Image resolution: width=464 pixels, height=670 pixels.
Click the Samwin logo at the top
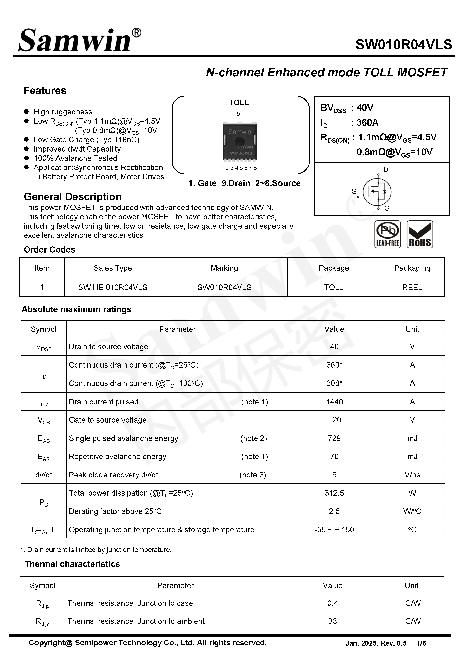click(79, 41)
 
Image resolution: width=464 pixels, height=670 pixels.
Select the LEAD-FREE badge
click(387, 234)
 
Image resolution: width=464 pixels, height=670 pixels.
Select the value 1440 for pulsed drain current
click(334, 402)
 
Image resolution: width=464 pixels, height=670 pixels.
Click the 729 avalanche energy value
click(334, 438)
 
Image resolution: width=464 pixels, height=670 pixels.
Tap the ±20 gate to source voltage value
click(334, 420)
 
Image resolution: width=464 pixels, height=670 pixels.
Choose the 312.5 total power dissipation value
click(334, 493)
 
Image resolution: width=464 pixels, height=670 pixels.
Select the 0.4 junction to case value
click(332, 603)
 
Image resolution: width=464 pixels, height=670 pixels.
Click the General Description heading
click(72, 197)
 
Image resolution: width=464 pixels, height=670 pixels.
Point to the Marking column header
click(224, 268)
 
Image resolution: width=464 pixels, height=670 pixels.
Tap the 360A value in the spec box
click(367, 122)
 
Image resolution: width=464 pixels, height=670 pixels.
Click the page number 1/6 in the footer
click(421, 643)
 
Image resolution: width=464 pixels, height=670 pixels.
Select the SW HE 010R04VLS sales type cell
click(113, 287)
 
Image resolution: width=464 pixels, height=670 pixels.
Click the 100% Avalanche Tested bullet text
click(75, 158)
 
